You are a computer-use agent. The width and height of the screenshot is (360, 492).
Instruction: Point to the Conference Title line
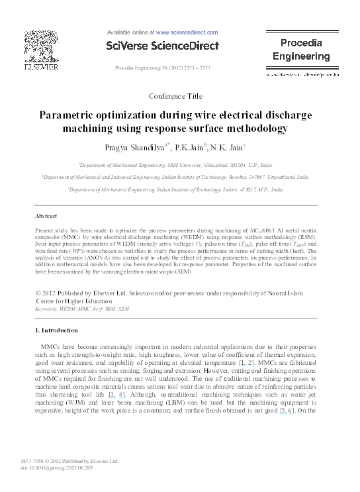point(175,96)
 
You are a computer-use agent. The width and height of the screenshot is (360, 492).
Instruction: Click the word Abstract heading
point(48,217)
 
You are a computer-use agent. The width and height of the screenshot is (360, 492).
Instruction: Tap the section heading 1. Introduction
point(61,330)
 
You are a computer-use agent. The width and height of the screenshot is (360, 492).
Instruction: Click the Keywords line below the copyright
point(81,309)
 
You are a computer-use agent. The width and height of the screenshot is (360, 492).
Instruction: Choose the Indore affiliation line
point(175,189)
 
